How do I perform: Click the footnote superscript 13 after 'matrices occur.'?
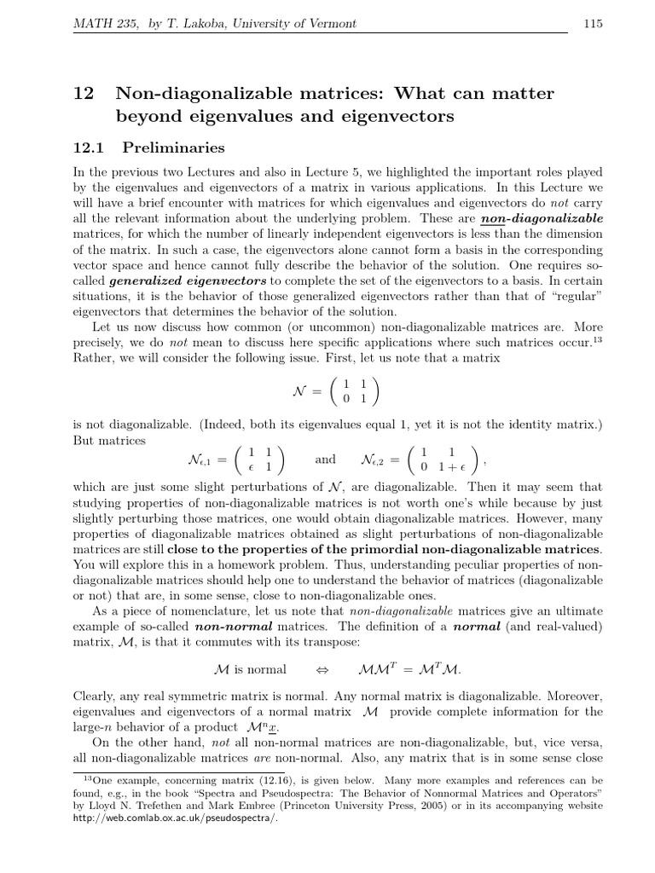point(598,339)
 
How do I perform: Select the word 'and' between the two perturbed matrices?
point(325,460)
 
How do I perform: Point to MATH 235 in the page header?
point(96,24)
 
